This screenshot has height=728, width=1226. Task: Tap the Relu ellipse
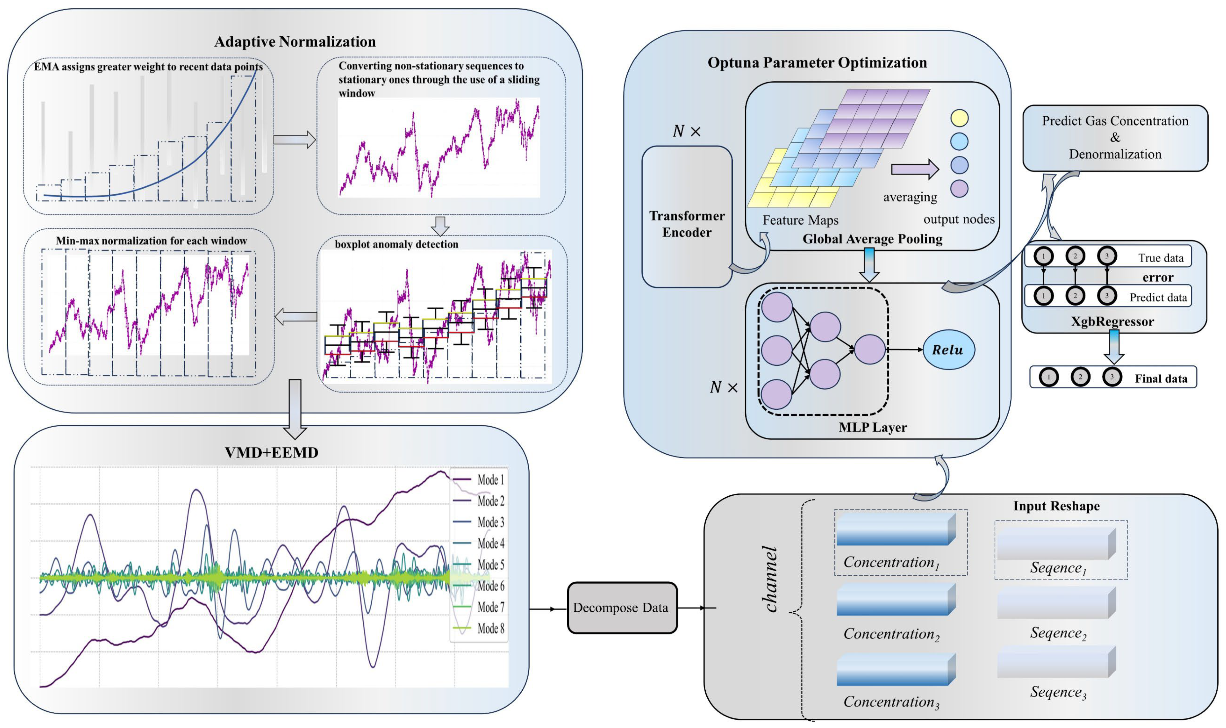(948, 350)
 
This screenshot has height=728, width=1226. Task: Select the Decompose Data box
(622, 608)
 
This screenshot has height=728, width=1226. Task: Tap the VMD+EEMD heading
(271, 452)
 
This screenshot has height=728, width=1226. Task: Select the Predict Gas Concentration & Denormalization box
(1115, 138)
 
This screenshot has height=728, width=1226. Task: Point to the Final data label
(1161, 379)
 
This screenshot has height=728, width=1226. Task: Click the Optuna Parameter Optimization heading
(817, 63)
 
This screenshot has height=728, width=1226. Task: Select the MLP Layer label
(873, 427)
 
